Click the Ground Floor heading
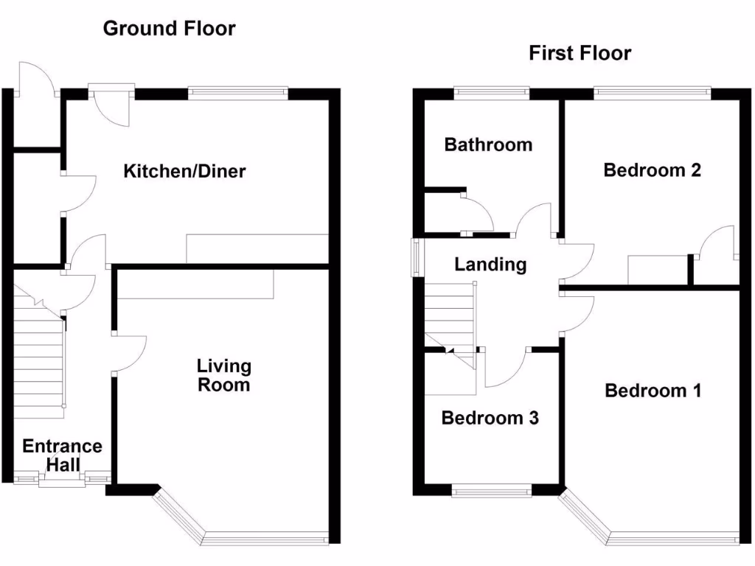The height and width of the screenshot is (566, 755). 169,29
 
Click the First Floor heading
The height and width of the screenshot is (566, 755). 580,53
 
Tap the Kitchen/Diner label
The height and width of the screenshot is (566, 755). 184,172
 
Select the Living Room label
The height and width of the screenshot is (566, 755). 223,375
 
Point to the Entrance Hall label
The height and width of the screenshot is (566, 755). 62,455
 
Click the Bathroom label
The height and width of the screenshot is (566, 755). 488,144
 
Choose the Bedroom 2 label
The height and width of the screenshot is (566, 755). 652,170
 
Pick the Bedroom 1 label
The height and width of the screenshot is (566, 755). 653,390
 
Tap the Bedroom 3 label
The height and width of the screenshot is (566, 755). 490,419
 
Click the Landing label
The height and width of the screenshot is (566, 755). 490,265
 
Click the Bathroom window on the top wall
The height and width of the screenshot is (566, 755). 491,93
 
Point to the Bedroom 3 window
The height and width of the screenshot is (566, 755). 491,491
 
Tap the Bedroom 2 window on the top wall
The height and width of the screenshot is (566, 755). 652,93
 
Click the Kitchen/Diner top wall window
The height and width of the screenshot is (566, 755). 237,93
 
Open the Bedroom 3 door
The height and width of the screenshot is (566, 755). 506,368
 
